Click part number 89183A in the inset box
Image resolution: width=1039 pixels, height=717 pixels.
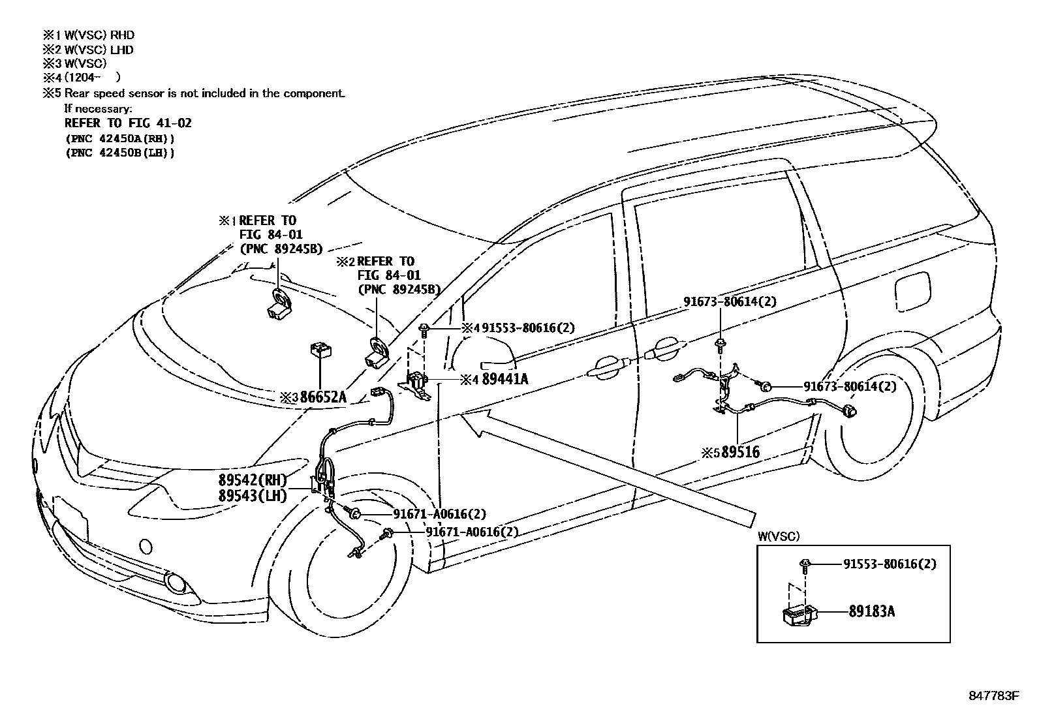(x=871, y=611)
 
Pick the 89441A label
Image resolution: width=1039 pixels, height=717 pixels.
(x=504, y=378)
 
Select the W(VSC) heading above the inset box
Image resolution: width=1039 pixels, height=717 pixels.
(x=778, y=536)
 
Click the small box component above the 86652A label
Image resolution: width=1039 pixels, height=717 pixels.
(x=320, y=350)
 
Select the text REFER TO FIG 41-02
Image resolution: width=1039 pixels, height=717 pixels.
(x=128, y=123)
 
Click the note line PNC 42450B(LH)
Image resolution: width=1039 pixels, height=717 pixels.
(x=120, y=153)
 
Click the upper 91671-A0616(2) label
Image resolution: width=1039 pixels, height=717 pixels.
(x=439, y=514)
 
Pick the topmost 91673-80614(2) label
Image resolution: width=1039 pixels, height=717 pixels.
(x=730, y=301)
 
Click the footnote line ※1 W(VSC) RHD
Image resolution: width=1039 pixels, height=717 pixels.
(x=89, y=35)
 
